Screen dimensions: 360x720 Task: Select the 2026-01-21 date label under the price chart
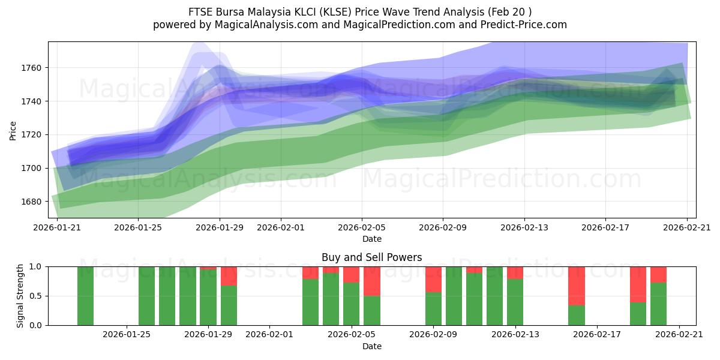click(58, 227)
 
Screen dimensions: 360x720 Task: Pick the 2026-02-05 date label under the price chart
click(361, 227)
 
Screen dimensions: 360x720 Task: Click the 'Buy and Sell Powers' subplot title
click(371, 257)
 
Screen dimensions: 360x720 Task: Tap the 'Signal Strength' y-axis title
click(20, 296)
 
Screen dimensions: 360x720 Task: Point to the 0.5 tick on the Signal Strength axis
click(35, 296)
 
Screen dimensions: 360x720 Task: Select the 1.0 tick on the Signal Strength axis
click(35, 266)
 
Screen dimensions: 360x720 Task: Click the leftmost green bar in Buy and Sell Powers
click(85, 296)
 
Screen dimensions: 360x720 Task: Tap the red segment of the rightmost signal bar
click(658, 274)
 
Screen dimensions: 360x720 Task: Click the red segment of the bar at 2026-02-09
click(433, 279)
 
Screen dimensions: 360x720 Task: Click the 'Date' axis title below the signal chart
click(371, 346)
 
